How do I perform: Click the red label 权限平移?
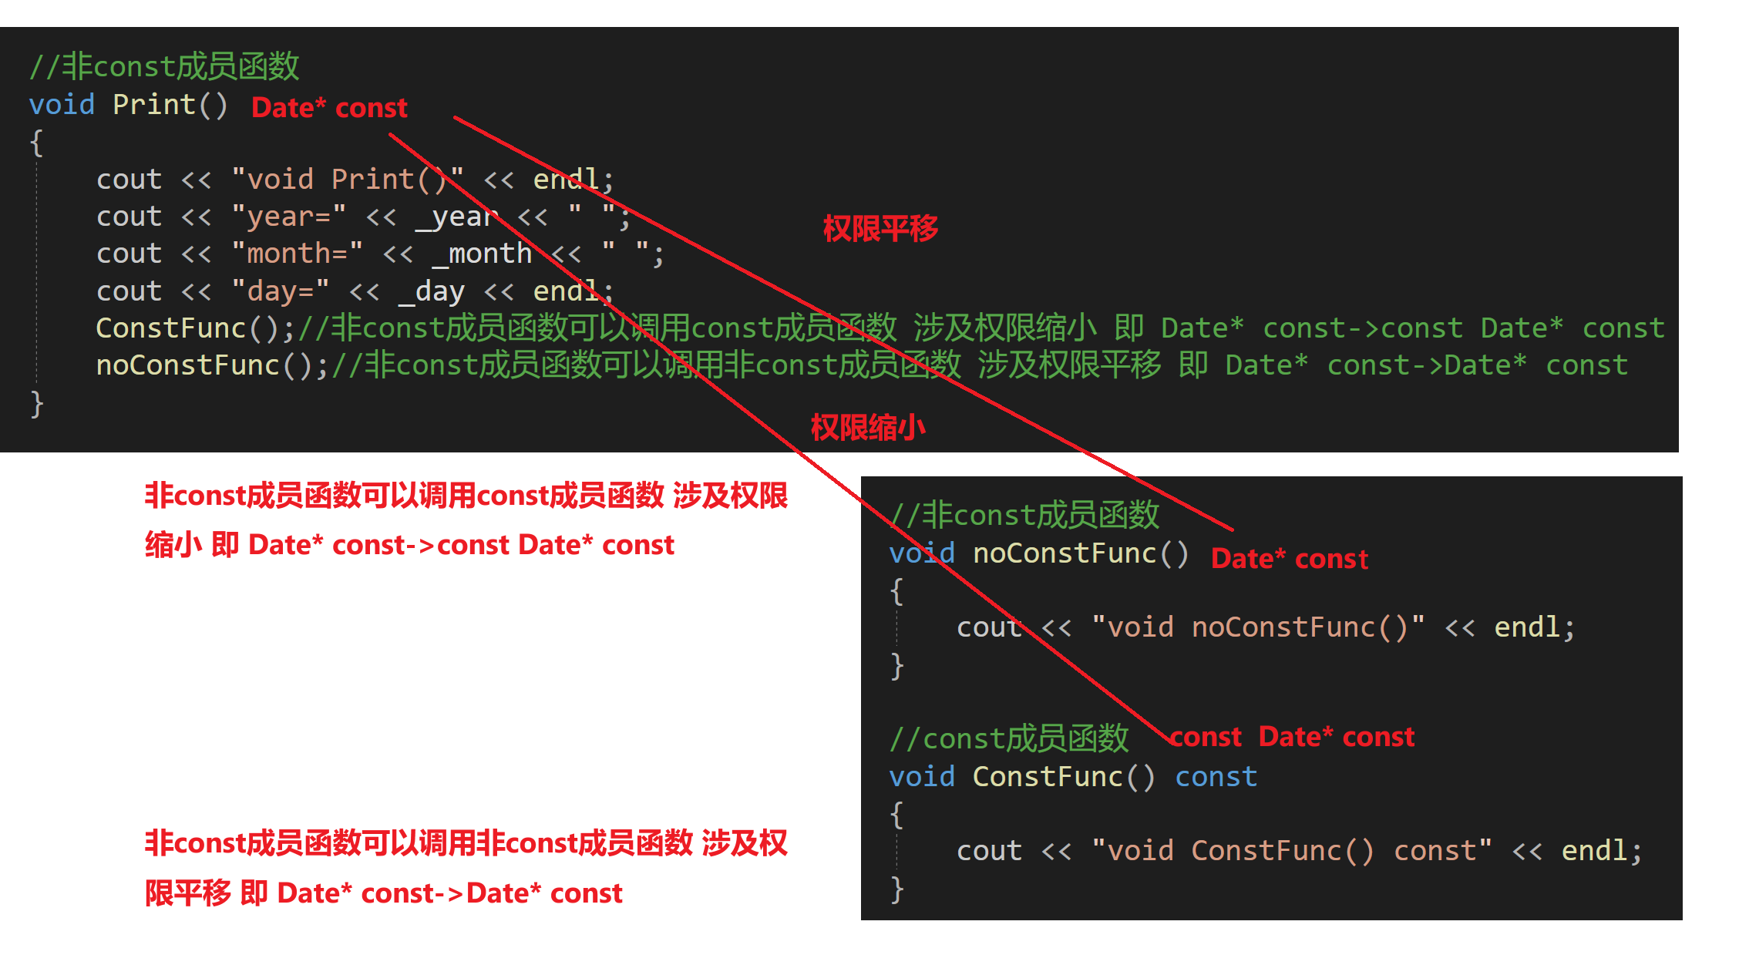[880, 229]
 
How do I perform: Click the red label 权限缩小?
[868, 428]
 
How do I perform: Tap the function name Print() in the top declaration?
[170, 105]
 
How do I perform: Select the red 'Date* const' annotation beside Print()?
[329, 108]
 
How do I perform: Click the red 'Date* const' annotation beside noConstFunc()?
[1290, 559]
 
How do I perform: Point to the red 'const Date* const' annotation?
[1293, 738]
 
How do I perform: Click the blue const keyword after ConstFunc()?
[1216, 777]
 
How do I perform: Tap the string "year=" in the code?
[288, 217]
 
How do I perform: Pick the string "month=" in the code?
[297, 254]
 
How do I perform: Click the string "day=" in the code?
[280, 291]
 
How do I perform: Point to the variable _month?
[482, 254]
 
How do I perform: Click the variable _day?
[432, 291]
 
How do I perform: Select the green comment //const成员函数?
[1009, 739]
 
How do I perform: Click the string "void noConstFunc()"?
[1258, 627]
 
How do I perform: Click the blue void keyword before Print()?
[62, 105]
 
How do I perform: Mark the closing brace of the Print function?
[36, 403]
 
